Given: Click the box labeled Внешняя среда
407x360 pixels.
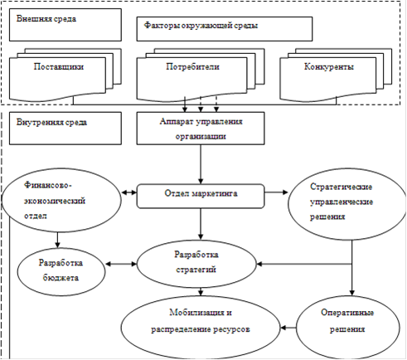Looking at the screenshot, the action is tap(65, 25).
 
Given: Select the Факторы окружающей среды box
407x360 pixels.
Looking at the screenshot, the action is tap(225, 29).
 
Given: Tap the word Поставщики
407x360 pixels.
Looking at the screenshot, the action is tap(59, 67).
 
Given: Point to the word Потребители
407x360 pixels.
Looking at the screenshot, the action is tap(192, 67).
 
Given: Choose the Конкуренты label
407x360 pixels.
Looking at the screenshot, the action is tap(329, 67).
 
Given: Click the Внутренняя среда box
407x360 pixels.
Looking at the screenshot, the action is tap(65, 129).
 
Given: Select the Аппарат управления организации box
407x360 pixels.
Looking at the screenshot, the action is tap(201, 129).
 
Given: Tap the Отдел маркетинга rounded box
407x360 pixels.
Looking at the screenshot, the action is tap(201, 197).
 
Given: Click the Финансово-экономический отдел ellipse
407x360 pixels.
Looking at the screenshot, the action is tap(61, 200).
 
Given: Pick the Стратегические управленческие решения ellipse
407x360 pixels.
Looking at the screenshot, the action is tap(346, 204).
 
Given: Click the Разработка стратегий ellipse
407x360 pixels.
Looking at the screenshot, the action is tap(196, 264).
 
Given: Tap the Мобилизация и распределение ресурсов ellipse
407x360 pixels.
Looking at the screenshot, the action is tap(201, 328).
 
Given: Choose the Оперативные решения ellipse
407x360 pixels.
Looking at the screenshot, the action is tap(347, 328).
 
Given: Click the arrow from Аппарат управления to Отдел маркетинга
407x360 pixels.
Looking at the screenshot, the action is tap(201, 164).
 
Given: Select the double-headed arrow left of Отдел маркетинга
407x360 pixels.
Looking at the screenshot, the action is tap(129, 192).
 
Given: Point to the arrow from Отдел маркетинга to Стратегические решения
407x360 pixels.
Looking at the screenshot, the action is tap(276, 192).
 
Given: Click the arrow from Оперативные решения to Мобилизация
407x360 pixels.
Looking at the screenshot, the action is tap(288, 328).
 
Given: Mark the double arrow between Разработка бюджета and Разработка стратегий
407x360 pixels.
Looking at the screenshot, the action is tap(121, 264).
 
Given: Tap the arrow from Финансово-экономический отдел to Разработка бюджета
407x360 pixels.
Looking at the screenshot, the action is tap(57, 240).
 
